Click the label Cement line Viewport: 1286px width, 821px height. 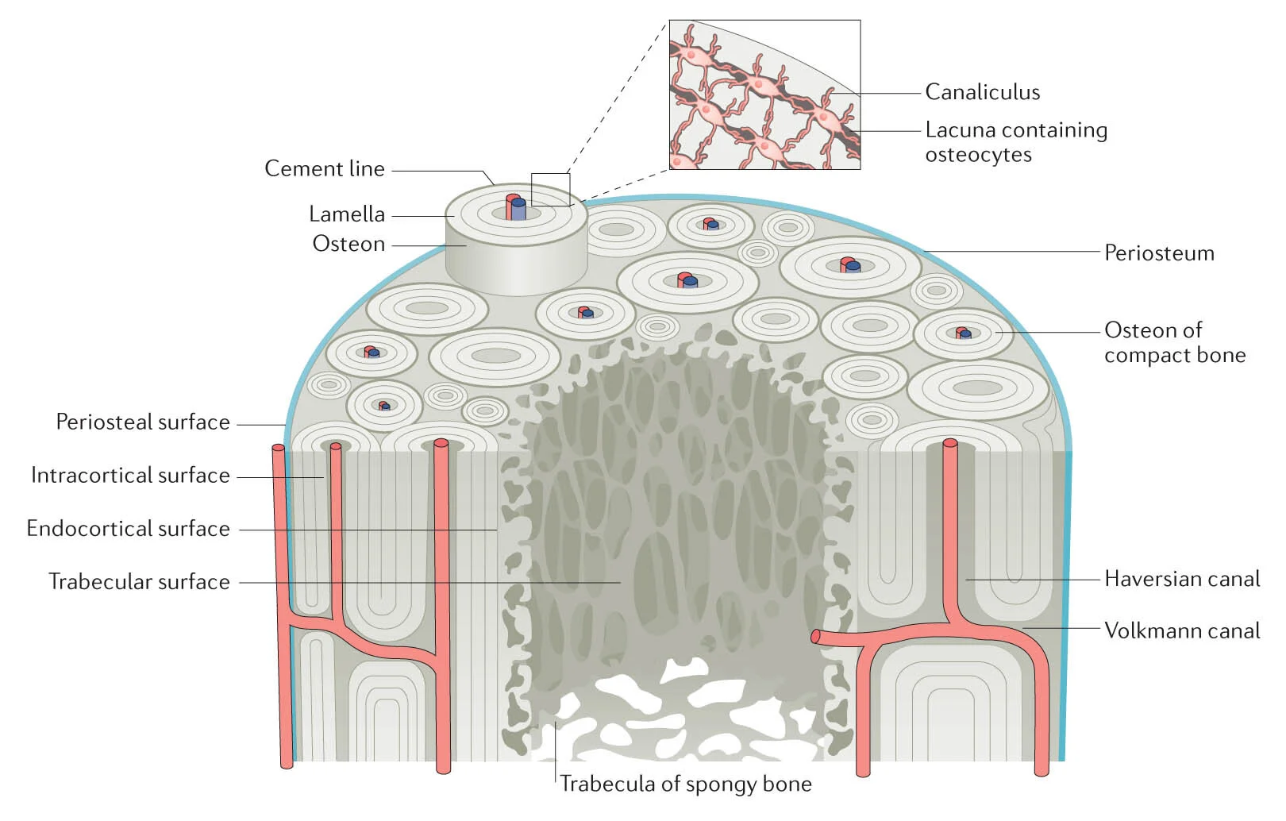324,169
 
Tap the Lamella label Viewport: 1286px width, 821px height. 347,214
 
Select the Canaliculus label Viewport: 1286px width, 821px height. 982,92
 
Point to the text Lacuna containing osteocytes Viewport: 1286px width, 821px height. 1015,142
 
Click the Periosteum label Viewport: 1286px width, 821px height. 1159,253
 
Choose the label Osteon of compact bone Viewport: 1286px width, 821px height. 1174,342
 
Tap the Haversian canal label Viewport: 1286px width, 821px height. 1181,579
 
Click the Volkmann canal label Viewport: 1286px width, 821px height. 1181,630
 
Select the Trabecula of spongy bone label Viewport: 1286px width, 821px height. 685,784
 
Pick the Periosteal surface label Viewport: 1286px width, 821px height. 143,422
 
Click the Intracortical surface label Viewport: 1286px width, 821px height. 131,476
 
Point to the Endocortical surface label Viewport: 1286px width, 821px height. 129,529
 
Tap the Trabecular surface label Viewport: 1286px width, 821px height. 140,582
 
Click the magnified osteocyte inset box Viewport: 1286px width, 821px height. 764,94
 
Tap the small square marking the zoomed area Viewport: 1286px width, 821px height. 550,190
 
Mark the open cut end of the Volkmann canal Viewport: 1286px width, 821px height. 815,637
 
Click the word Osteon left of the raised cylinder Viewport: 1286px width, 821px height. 348,244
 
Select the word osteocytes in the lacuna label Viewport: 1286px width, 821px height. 978,155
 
